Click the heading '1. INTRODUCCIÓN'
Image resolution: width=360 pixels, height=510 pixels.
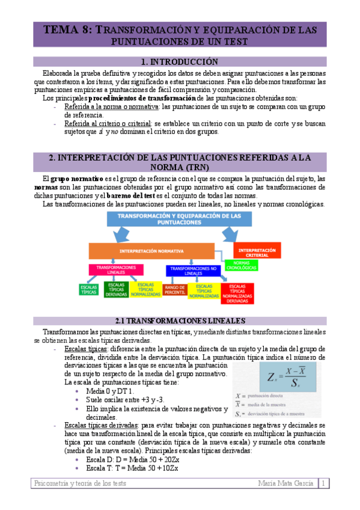click(x=179, y=61)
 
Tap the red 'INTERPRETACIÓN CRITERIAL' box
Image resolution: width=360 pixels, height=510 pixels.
click(x=257, y=251)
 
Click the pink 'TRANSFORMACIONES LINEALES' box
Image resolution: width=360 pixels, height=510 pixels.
click(x=115, y=269)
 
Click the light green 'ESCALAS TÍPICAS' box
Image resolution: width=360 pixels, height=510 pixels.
click(x=89, y=290)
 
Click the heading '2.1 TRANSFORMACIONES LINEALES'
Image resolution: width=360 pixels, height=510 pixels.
click(x=179, y=321)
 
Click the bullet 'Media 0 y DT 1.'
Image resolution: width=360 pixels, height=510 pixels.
click(x=111, y=391)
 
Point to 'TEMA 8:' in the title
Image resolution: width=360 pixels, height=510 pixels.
click(x=66, y=29)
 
